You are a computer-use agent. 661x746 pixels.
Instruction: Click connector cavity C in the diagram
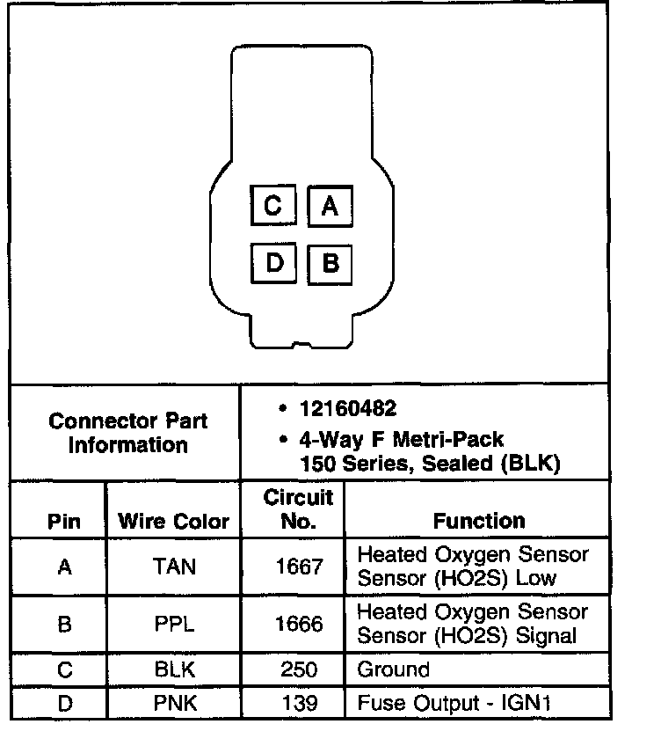[x=273, y=206]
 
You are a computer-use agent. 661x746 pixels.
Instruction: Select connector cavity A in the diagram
[x=330, y=206]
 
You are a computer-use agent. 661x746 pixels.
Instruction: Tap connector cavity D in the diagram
[x=273, y=263]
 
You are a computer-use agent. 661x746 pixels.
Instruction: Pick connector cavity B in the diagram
[x=330, y=263]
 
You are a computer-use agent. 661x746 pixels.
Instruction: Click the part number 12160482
[x=347, y=409]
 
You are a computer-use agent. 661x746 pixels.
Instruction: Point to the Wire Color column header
[x=173, y=521]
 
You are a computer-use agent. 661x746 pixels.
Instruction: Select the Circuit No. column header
[x=298, y=509]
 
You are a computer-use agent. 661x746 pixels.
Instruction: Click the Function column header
[x=478, y=521]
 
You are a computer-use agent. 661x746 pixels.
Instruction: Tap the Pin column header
[x=63, y=521]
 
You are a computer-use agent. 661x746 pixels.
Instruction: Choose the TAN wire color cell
[x=174, y=567]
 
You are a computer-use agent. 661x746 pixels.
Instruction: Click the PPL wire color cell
[x=174, y=624]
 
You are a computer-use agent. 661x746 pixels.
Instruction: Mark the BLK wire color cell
[x=174, y=670]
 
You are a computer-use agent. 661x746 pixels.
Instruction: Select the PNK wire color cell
[x=174, y=704]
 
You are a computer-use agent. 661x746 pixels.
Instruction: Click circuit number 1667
[x=298, y=567]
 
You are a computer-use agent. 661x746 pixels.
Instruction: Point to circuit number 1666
[x=298, y=624]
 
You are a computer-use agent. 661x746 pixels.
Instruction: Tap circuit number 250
[x=298, y=670]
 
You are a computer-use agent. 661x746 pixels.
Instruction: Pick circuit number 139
[x=298, y=704]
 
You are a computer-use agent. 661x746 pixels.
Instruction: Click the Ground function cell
[x=393, y=670]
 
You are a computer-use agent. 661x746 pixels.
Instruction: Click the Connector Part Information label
[x=128, y=433]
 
